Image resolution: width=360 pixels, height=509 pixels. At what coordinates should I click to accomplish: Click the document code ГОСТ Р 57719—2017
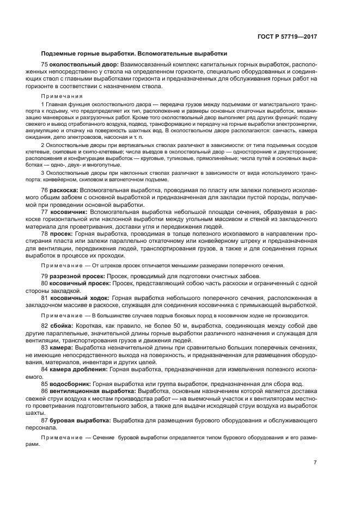(x=287, y=36)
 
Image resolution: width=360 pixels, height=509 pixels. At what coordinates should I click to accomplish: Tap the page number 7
(x=315, y=463)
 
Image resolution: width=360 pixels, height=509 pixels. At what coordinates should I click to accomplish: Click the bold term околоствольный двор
(x=81, y=65)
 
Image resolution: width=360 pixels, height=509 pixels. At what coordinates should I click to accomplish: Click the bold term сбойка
(x=61, y=325)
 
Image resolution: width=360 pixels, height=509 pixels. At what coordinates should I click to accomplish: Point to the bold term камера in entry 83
(x=62, y=347)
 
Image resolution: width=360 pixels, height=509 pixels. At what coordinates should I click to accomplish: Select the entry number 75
(x=45, y=65)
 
